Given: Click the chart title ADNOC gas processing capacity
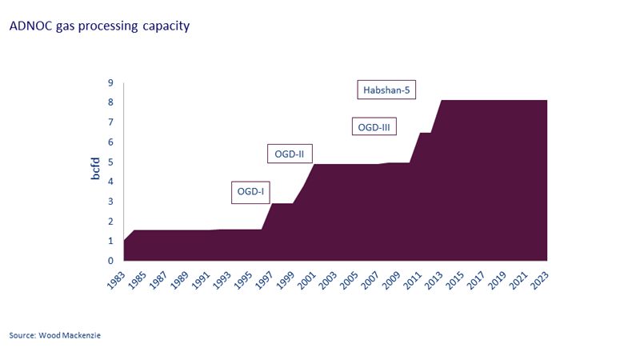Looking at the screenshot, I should pyautogui.click(x=99, y=26).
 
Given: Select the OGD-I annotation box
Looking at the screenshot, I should pyautogui.click(x=250, y=191).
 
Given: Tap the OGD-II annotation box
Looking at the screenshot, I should pyautogui.click(x=290, y=154).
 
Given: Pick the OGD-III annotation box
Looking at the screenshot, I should pyautogui.click(x=374, y=127).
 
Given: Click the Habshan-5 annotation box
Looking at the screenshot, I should pyautogui.click(x=386, y=90).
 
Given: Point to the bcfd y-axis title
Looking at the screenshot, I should pyautogui.click(x=95, y=172).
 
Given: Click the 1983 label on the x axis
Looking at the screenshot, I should pyautogui.click(x=118, y=279).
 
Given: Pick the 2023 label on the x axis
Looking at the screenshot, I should pyautogui.click(x=541, y=279).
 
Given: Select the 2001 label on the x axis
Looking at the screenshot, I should pyautogui.click(x=308, y=279).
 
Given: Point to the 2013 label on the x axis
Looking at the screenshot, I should pyautogui.click(x=435, y=279).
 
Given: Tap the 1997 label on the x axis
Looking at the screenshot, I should pyautogui.click(x=266, y=279).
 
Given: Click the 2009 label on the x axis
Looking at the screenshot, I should pyautogui.click(x=393, y=279).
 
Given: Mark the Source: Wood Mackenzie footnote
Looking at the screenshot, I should pyautogui.click(x=55, y=335).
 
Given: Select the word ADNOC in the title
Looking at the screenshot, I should pyautogui.click(x=30, y=26).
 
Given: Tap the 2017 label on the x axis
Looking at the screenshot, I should pyautogui.click(x=478, y=279).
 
